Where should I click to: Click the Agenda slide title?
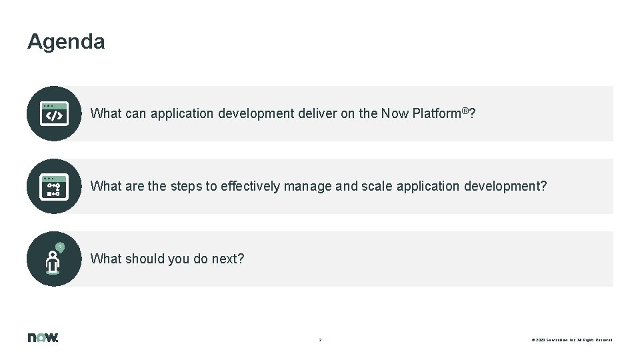66,42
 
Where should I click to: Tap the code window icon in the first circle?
54,113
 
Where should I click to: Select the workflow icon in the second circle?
54,186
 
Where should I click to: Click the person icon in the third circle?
53,260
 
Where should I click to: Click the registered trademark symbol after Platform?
465,110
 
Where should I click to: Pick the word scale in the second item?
377,187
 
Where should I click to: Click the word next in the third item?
227,259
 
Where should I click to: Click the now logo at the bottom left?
43,337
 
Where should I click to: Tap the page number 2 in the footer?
320,340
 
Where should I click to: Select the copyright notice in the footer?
572,340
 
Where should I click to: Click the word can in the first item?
135,114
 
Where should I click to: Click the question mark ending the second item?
543,187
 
